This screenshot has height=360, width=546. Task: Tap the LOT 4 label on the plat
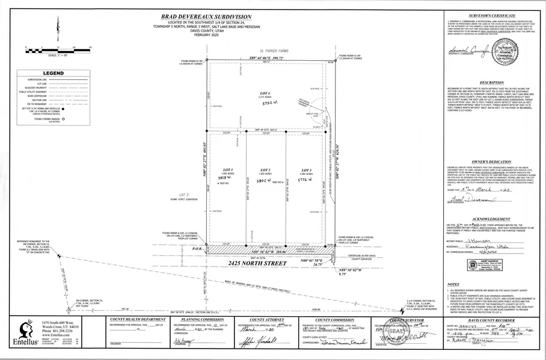[x=264, y=93]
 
